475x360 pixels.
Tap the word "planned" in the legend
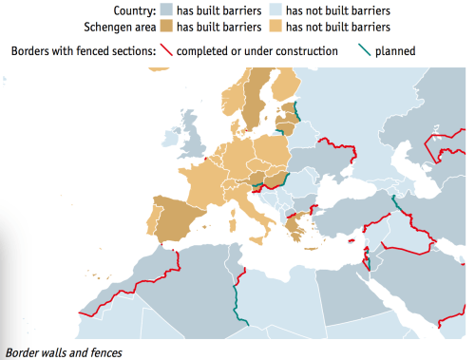click(x=394, y=50)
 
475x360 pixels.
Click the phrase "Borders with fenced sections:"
click(x=83, y=50)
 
